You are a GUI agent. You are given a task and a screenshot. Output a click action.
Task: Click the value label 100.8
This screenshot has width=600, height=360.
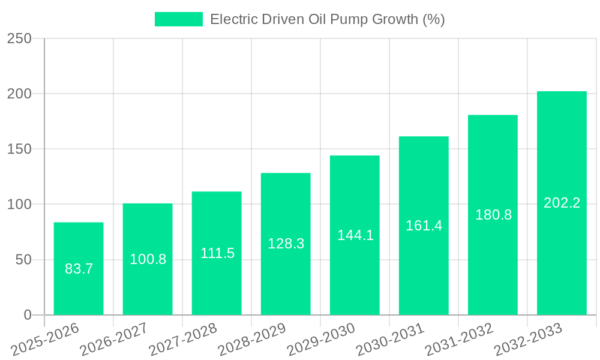click(x=148, y=259)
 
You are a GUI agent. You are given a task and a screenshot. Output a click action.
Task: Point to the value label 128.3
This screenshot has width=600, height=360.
click(x=286, y=243)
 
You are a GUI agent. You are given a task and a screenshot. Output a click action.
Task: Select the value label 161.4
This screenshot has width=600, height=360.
click(x=424, y=226)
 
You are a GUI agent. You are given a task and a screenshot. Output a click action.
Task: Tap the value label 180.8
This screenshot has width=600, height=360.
click(x=493, y=215)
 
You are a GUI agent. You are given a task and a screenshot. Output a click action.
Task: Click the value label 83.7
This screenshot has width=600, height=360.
click(x=79, y=269)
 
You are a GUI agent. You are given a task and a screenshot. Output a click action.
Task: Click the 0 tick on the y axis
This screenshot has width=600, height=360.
click(x=27, y=315)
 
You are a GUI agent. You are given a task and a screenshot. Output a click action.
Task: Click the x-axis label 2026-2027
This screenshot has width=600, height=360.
click(x=114, y=340)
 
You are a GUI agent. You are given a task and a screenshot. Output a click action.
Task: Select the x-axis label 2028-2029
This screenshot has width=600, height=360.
click(x=252, y=340)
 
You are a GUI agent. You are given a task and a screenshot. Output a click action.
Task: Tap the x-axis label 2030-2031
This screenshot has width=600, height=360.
click(x=390, y=340)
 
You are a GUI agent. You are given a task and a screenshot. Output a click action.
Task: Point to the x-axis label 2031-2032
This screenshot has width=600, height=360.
click(x=459, y=340)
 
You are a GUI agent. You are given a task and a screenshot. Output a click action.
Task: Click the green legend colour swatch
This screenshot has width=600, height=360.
click(x=179, y=19)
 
